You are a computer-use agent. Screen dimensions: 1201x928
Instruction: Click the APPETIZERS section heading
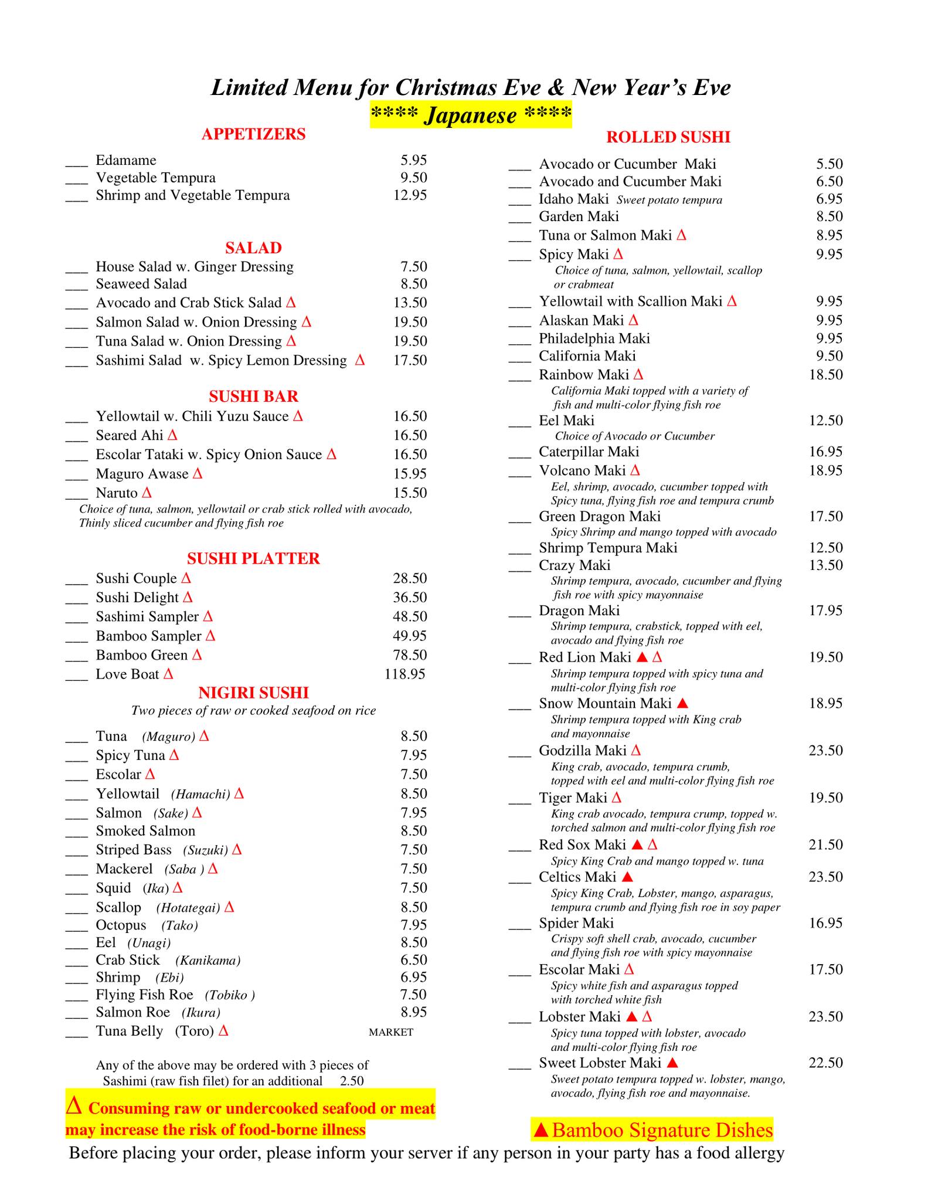253,134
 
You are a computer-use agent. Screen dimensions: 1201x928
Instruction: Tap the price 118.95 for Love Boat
404,674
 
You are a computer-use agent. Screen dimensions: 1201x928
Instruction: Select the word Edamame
126,160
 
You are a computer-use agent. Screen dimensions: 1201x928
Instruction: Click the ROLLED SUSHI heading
668,137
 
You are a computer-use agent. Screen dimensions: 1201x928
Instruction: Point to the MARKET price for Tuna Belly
391,1032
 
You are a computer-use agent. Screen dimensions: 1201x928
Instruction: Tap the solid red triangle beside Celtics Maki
627,877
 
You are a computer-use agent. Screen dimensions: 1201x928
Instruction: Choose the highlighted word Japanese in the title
471,115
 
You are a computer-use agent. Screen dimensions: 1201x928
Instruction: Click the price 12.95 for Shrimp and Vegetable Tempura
410,195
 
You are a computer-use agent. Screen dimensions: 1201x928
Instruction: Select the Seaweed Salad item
141,284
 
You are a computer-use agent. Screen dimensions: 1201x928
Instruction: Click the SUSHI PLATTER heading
253,558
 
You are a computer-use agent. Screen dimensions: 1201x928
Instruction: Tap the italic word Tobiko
229,995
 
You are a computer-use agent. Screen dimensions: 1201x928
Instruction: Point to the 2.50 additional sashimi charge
352,1081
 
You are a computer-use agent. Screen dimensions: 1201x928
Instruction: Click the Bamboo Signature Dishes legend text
662,1130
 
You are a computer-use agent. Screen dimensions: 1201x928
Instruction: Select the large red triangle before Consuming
74,1106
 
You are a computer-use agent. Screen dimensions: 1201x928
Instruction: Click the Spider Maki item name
576,923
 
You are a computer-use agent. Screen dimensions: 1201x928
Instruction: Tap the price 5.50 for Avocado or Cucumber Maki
829,164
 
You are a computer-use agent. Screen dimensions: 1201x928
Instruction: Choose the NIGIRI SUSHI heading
253,693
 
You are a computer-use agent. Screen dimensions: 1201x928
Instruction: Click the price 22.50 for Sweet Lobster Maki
825,1063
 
